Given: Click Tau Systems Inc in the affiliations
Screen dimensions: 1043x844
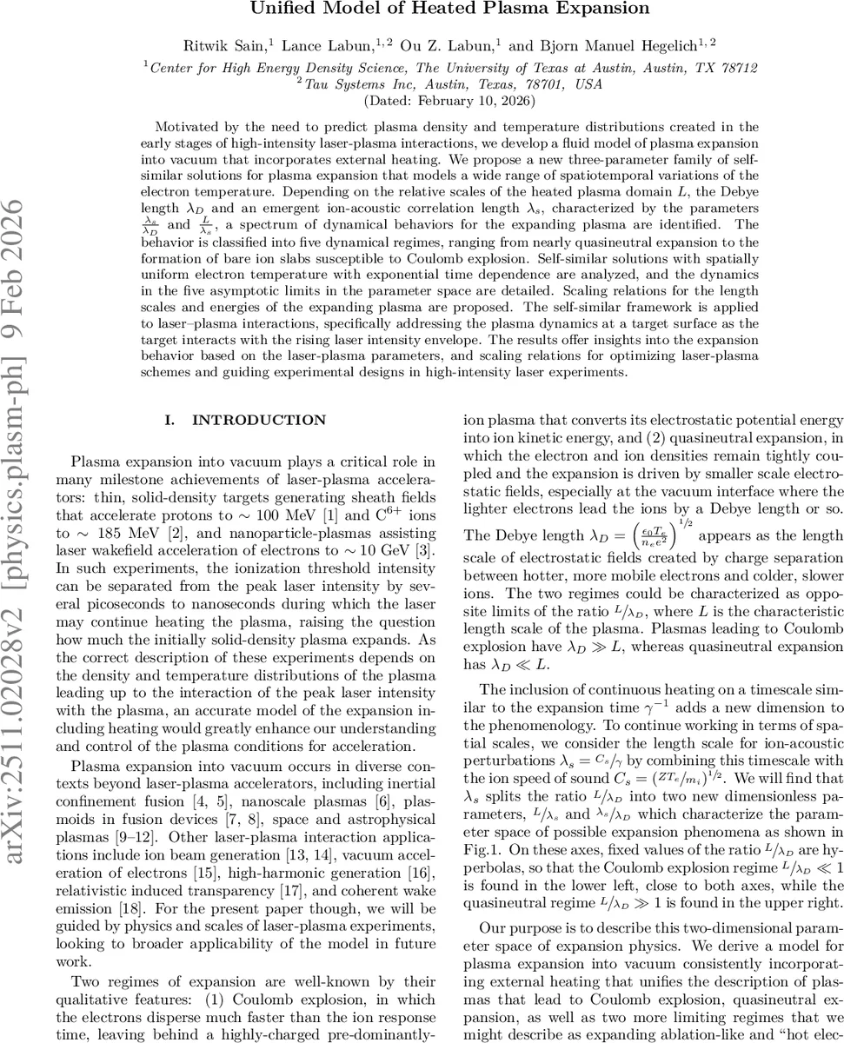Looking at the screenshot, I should click(351, 84).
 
